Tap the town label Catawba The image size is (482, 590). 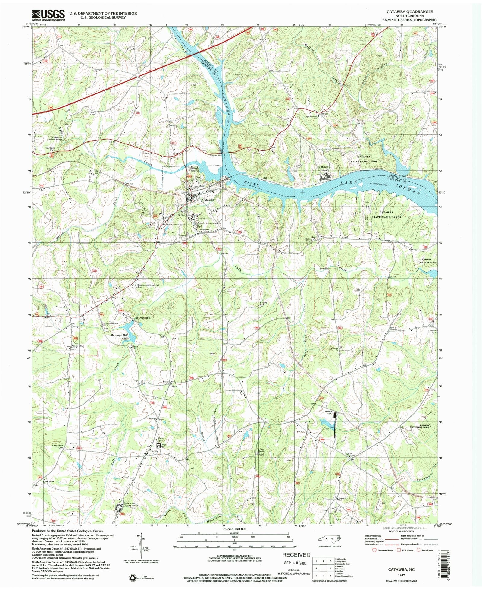pos(208,200)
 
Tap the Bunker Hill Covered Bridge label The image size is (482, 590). pos(54,139)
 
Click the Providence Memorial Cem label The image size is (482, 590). pos(148,286)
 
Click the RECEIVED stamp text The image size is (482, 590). pos(296,555)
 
